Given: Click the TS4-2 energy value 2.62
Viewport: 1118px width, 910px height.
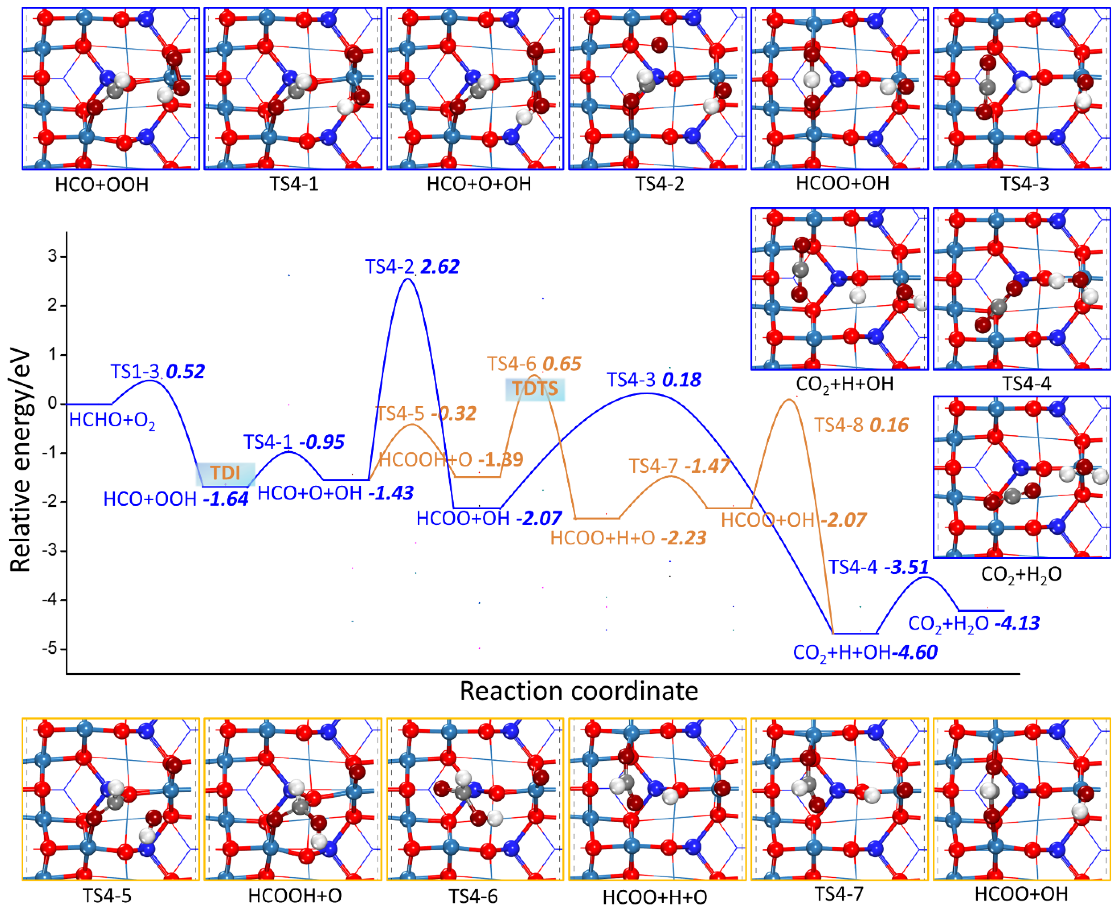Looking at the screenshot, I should coord(440,267).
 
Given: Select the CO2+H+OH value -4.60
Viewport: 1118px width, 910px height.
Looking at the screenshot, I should coord(917,652).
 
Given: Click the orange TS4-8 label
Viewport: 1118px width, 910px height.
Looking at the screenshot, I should coord(840,425).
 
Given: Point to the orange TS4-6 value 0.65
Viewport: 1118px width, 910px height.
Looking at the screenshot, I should coord(562,364).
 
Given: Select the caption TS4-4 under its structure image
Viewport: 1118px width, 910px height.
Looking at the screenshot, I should coord(1026,384).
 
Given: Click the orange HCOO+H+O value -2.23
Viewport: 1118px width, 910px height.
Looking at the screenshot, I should coord(683,538).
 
